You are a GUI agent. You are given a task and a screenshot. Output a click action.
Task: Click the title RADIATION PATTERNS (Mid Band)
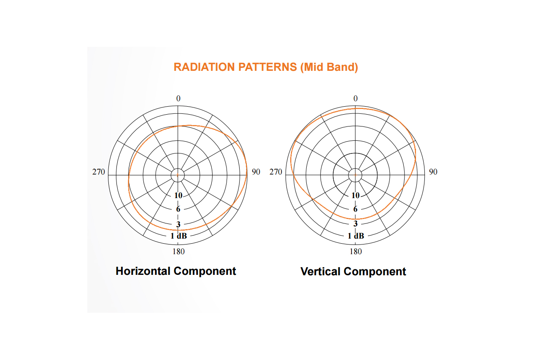click(x=266, y=67)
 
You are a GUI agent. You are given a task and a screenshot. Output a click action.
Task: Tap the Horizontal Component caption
click(x=176, y=271)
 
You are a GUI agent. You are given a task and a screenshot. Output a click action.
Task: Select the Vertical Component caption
click(x=353, y=271)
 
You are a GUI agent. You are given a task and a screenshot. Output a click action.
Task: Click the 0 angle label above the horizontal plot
click(x=178, y=98)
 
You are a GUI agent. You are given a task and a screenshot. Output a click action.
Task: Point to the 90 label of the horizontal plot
click(x=256, y=172)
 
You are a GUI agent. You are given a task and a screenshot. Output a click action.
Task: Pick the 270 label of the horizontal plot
click(x=99, y=172)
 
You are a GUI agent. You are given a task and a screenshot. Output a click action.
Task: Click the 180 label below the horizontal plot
click(x=178, y=252)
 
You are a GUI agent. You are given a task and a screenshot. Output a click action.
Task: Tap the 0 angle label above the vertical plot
click(x=356, y=98)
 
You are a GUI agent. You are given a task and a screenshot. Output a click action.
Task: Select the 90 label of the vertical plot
click(x=433, y=172)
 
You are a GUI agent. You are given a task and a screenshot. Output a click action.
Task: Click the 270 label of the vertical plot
click(x=276, y=172)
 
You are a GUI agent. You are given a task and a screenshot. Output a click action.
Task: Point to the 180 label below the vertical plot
click(x=356, y=252)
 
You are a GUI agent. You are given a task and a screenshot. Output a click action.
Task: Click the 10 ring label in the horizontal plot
click(x=178, y=196)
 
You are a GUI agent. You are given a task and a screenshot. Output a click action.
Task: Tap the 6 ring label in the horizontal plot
click(x=178, y=209)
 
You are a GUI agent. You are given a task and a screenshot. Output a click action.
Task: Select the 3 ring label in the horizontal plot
click(x=178, y=224)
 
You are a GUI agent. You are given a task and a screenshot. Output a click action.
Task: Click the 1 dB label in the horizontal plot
click(x=178, y=236)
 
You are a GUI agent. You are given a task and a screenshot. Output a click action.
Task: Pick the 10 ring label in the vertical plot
click(x=356, y=196)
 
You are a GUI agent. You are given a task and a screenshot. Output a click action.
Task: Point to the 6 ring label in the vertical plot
click(x=355, y=209)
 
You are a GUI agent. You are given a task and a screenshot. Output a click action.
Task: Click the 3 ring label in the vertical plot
click(x=355, y=223)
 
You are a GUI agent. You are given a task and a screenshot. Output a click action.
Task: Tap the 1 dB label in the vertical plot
click(x=356, y=236)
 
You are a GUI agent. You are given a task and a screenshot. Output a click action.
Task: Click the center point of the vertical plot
click(x=355, y=175)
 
